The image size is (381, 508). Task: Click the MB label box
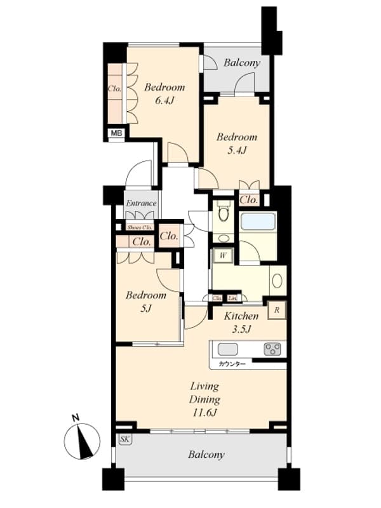point(116,133)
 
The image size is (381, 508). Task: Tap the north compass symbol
point(83,439)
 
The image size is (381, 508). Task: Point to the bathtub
point(258,222)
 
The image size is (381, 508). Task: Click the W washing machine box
point(223,255)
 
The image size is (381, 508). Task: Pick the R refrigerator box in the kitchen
point(277,310)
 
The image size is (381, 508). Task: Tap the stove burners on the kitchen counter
point(272,349)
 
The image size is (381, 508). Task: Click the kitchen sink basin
point(229,349)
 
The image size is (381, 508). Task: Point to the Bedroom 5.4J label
point(236,143)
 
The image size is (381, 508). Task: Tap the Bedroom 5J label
point(145,302)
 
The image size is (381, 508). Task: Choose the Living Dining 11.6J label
point(204,399)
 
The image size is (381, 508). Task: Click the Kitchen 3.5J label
point(241,322)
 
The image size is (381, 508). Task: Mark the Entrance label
point(141,203)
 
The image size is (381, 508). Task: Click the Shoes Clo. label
point(140,227)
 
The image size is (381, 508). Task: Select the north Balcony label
point(242,63)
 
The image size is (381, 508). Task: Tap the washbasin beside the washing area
point(277,281)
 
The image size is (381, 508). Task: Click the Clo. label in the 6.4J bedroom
point(114,89)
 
